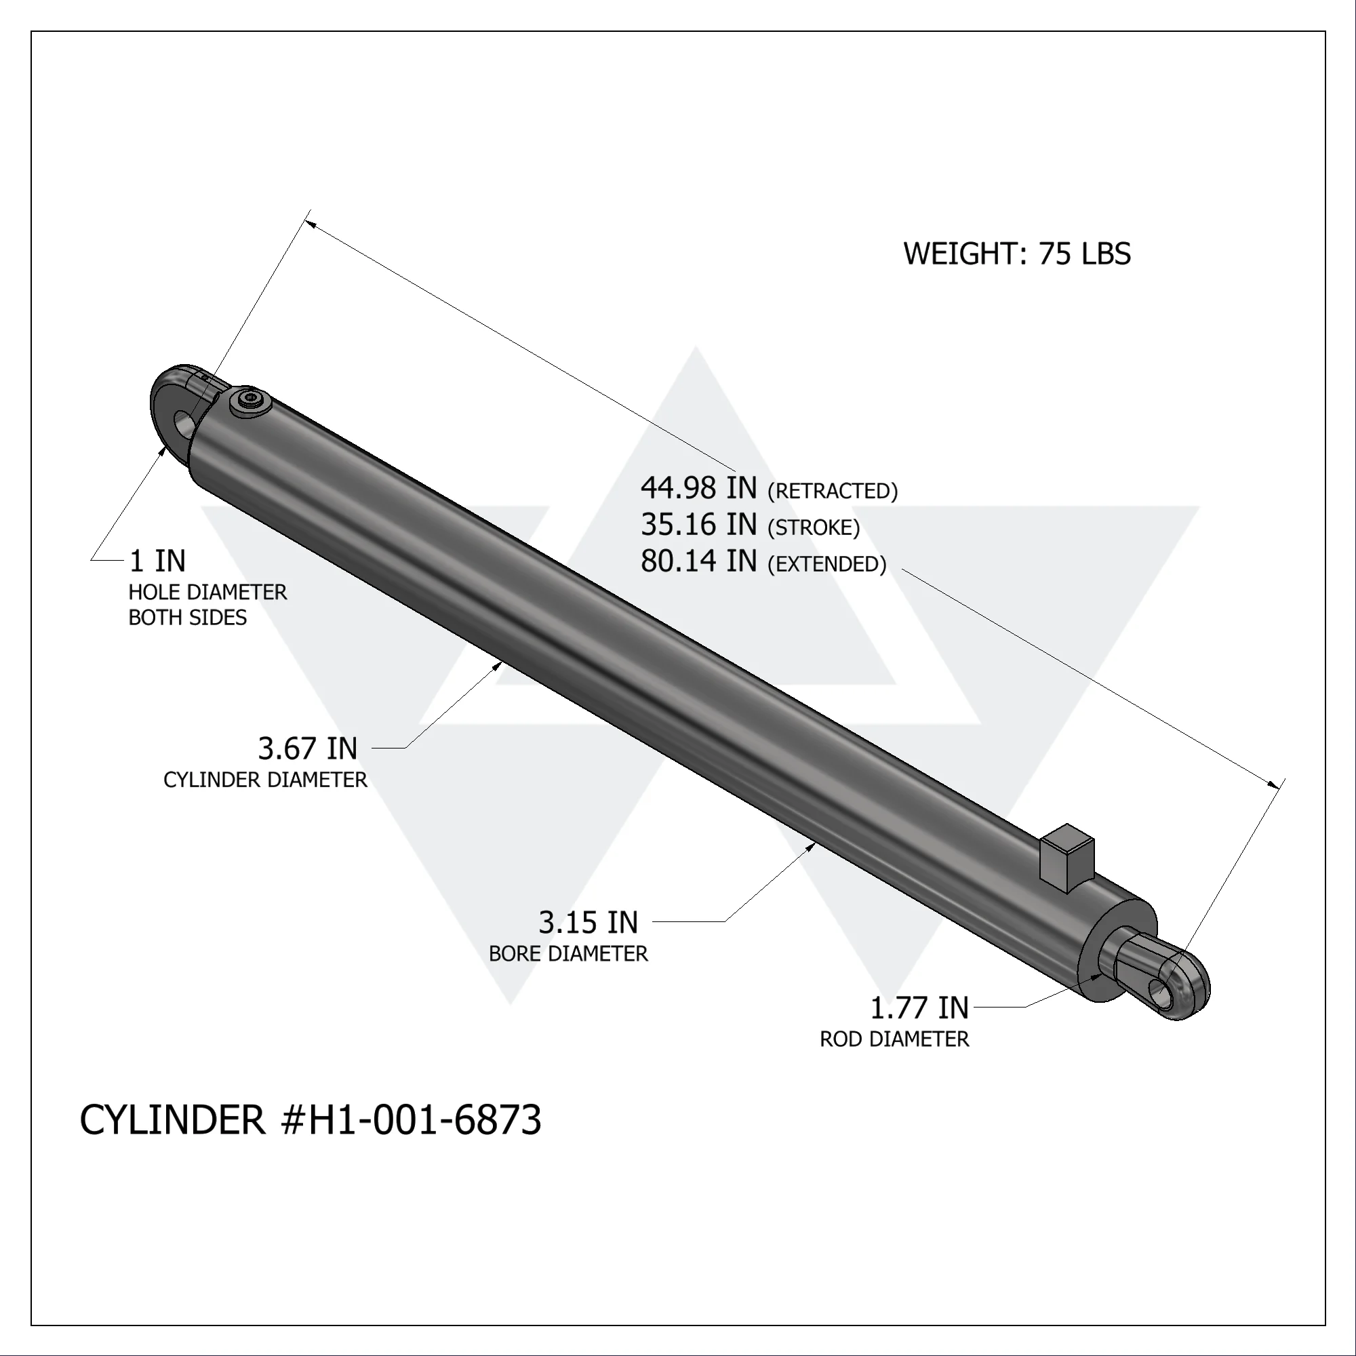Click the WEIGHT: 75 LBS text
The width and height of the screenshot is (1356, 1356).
(1016, 254)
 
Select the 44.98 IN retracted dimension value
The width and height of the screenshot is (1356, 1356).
(698, 487)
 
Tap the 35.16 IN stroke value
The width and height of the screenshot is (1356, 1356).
(698, 524)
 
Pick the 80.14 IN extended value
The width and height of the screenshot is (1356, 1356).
(698, 561)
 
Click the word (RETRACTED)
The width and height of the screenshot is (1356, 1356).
(833, 492)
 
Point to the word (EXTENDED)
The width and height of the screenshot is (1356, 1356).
(826, 564)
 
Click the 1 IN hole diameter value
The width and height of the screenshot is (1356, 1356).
(158, 561)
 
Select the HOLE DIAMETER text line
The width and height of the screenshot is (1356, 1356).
(207, 593)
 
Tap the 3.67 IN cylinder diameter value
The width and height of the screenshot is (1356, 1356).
(307, 749)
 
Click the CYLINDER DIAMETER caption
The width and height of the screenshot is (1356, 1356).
(265, 780)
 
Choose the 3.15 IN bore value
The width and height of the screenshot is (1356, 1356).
(588, 923)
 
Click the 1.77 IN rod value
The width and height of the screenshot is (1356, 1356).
(919, 1009)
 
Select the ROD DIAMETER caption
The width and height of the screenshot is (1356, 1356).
(894, 1039)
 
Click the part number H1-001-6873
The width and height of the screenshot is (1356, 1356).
(424, 1119)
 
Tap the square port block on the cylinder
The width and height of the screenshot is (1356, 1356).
(1066, 858)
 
